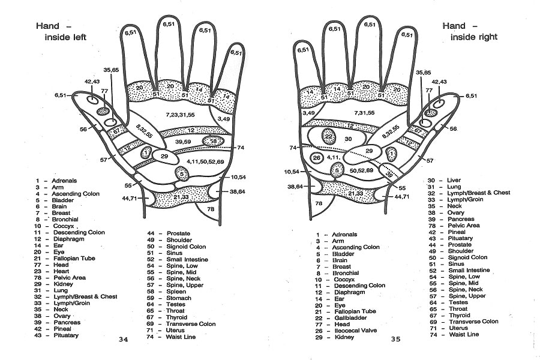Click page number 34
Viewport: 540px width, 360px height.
tap(124, 340)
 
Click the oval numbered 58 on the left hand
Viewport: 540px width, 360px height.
tap(214, 140)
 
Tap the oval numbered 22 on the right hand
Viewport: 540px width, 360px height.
tap(329, 136)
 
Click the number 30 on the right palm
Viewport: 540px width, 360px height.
tap(349, 139)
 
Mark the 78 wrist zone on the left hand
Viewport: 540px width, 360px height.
tap(211, 209)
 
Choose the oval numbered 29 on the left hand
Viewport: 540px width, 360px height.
tap(164, 156)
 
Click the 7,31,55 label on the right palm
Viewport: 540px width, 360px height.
tap(364, 113)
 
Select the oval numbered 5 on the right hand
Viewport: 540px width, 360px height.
tap(338, 170)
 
